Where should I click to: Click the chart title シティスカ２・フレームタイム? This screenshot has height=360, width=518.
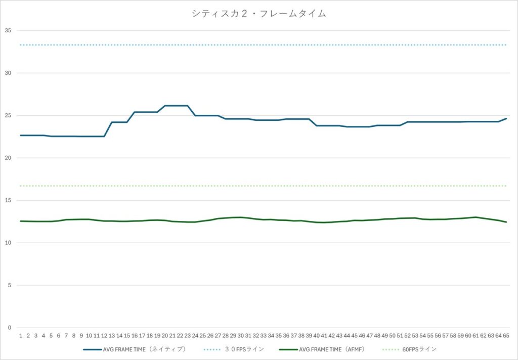pyautogui.click(x=258, y=14)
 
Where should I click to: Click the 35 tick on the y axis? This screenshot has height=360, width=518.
pyautogui.click(x=8, y=30)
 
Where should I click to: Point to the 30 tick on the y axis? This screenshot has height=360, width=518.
pyautogui.click(x=8, y=73)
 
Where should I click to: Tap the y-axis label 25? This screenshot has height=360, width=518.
pyautogui.click(x=8, y=115)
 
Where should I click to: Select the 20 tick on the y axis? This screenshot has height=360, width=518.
pyautogui.click(x=8, y=158)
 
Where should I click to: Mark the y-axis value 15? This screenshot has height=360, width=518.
pyautogui.click(x=8, y=200)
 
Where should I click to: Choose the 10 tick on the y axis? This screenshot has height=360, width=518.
pyautogui.click(x=8, y=243)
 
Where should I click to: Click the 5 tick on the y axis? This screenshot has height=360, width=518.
pyautogui.click(x=9, y=285)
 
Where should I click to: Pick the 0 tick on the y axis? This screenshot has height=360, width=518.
pyautogui.click(x=9, y=328)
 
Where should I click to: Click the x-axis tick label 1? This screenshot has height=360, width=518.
pyautogui.click(x=21, y=335)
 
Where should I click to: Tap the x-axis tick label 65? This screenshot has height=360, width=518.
pyautogui.click(x=506, y=335)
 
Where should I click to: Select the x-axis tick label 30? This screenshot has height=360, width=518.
pyautogui.click(x=241, y=335)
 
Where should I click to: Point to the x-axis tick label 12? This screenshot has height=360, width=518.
pyautogui.click(x=104, y=335)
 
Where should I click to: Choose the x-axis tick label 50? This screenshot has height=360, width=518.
pyautogui.click(x=393, y=335)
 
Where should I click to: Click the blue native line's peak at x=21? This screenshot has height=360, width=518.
pyautogui.click(x=172, y=106)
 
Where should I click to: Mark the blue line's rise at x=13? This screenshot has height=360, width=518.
pyautogui.click(x=112, y=122)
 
